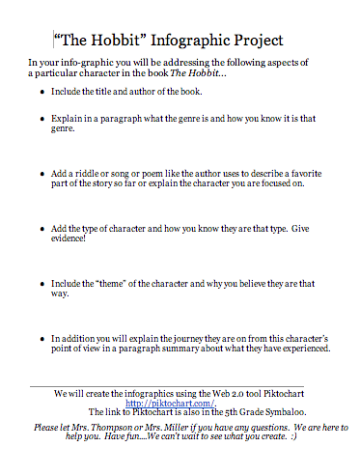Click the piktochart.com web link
180,403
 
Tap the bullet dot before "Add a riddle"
42,179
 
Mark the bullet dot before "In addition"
42,339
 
